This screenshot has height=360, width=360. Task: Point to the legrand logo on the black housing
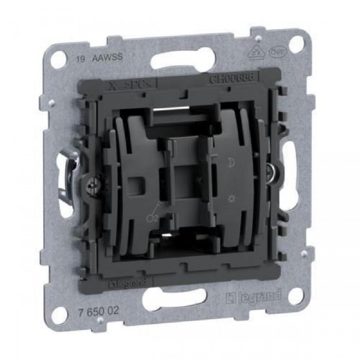[129, 282]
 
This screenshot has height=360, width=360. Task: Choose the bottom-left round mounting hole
[60, 313]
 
